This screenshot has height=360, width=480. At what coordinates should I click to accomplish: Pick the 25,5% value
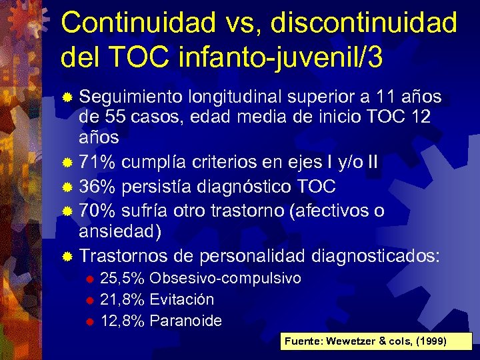click(122, 278)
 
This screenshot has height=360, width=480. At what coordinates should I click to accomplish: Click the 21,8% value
click(122, 299)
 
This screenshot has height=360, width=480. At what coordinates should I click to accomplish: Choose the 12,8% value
click(122, 321)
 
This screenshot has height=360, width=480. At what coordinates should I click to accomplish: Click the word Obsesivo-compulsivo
click(225, 278)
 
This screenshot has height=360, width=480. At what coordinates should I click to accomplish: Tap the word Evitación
click(182, 299)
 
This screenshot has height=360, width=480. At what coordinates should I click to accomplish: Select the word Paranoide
click(186, 321)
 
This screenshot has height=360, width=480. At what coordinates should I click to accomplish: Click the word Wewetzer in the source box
click(355, 341)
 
